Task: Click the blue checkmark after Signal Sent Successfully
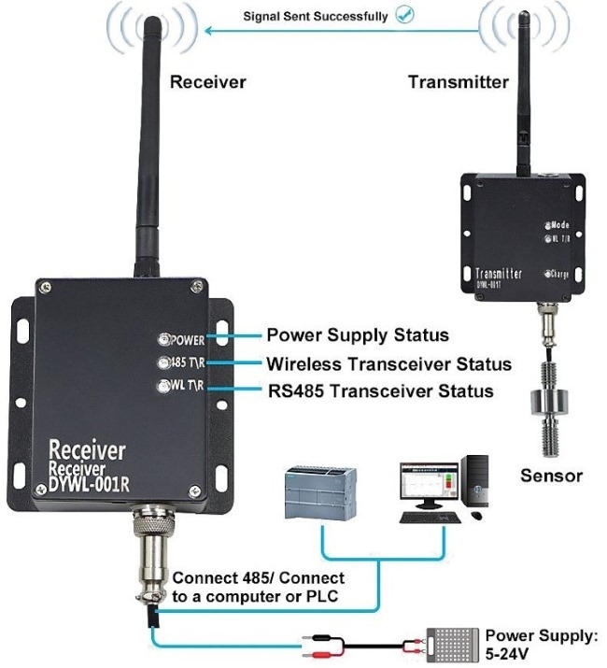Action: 405,15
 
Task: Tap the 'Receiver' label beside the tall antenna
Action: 207,82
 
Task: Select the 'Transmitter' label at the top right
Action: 459,82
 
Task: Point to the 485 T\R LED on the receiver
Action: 163,363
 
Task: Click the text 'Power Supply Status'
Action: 357,334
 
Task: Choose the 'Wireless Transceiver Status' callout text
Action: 388,363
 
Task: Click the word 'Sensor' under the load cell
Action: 551,476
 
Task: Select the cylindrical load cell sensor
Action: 547,402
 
